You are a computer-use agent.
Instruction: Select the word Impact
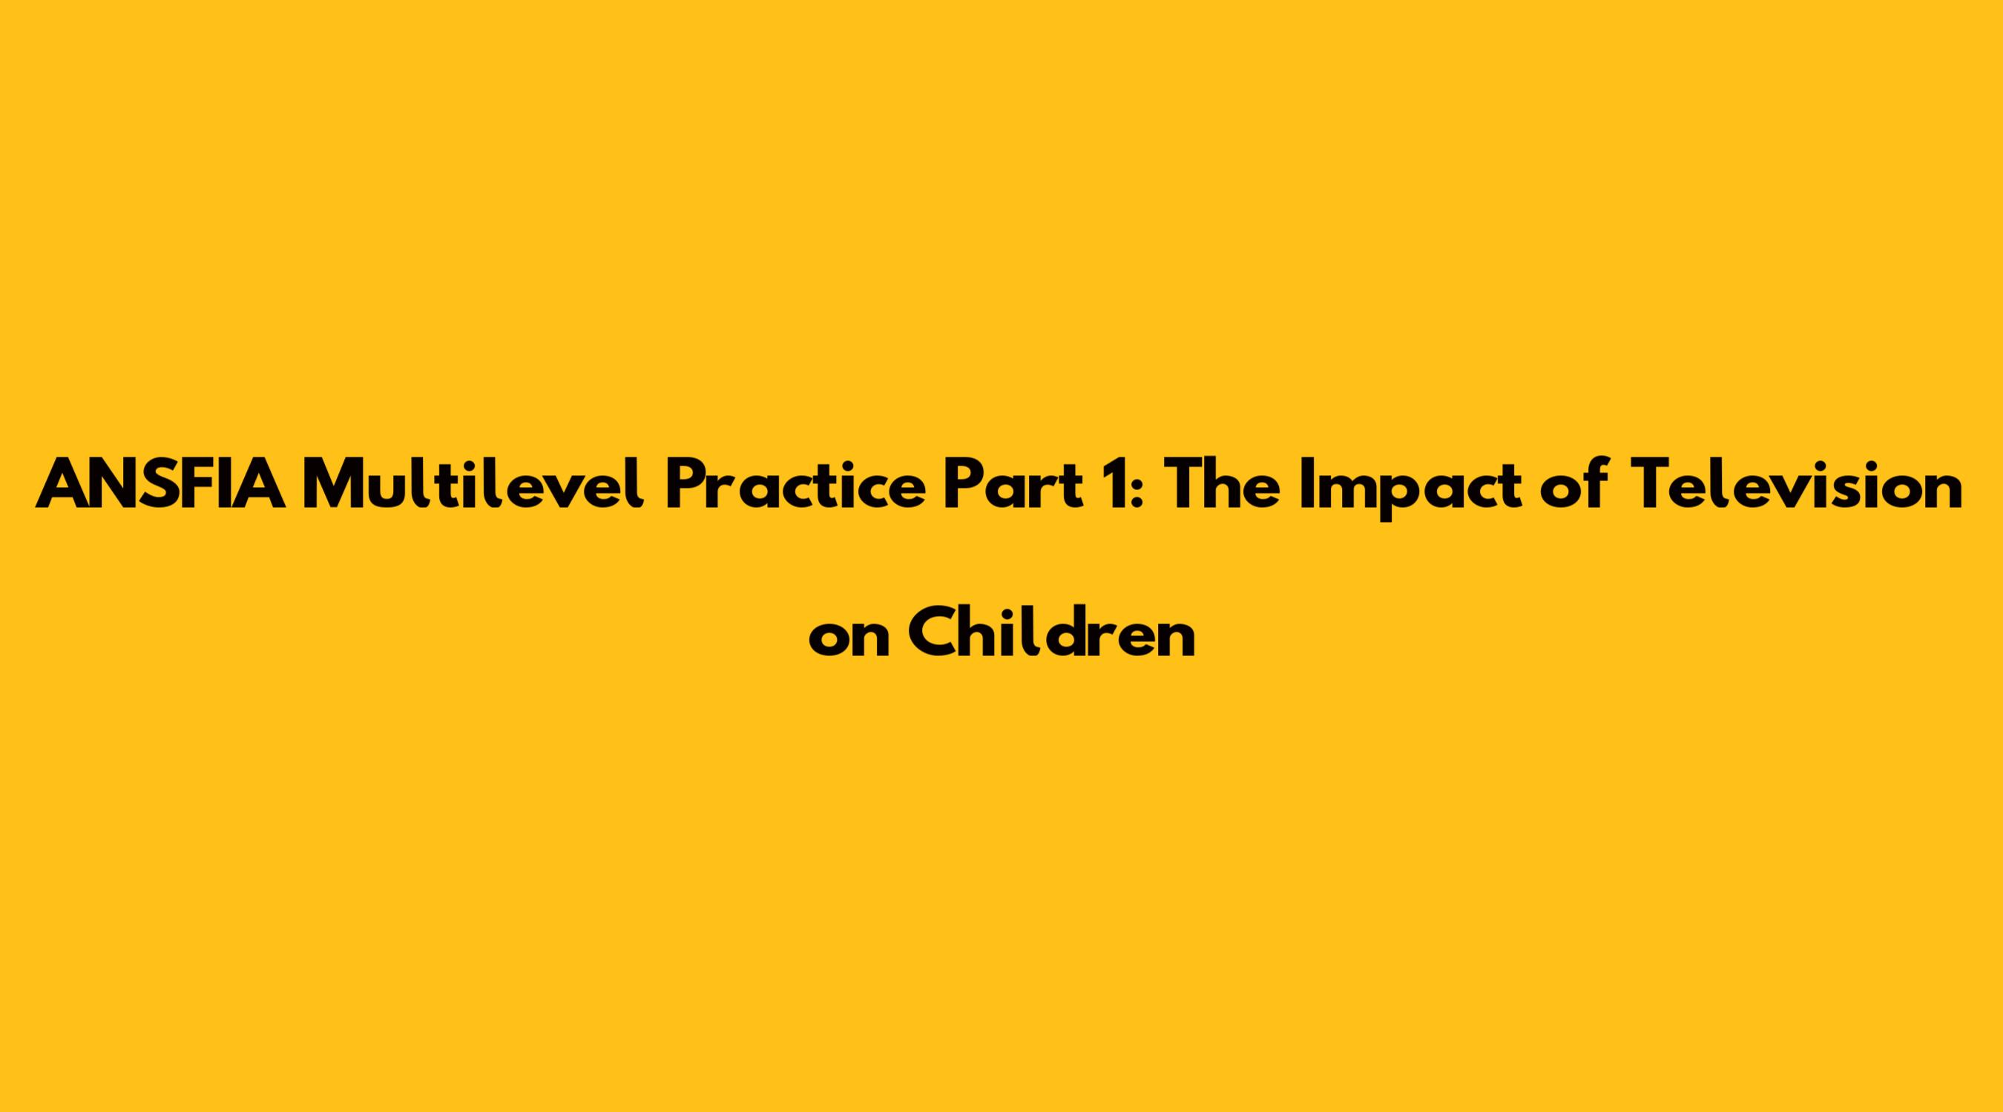[x=1411, y=489]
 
